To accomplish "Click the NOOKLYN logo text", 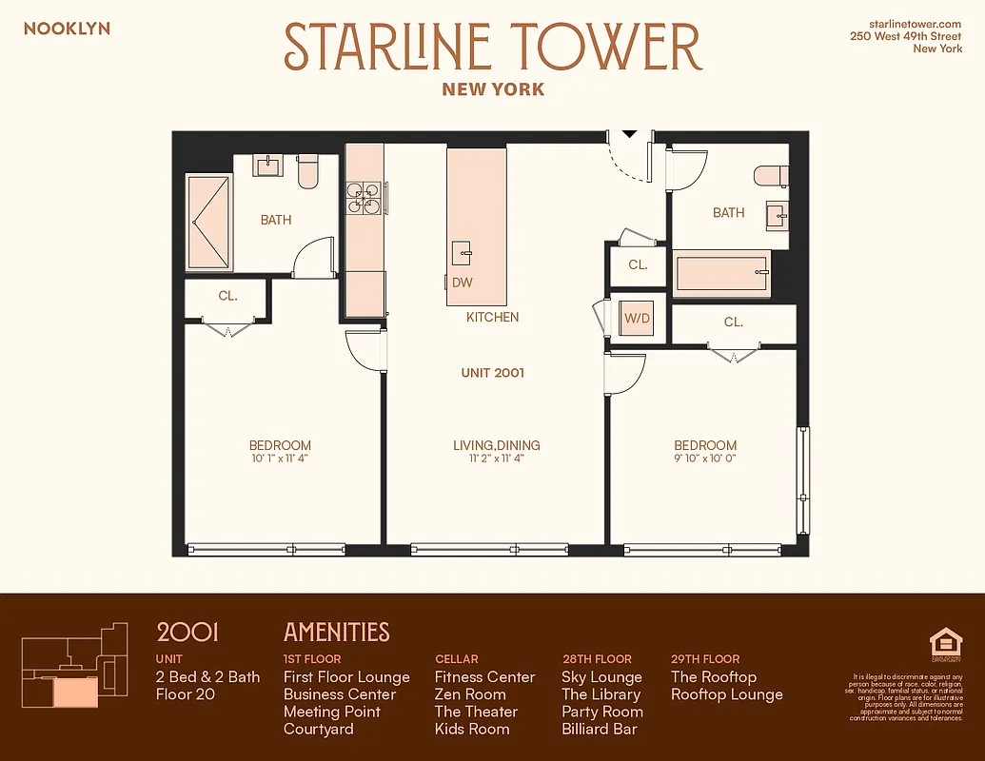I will point(67,29).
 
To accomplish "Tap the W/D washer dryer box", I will point(637,319).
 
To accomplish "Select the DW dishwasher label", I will point(463,283).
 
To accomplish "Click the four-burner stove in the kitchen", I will point(364,196).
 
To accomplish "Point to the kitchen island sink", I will point(462,252).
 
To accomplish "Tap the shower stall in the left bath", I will point(208,222).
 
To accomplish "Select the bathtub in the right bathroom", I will point(720,272).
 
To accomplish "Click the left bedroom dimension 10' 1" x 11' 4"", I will point(280,459).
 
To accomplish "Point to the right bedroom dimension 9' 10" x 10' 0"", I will point(705,459).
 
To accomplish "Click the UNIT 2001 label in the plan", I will point(493,373).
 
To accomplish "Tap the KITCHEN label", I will point(492,317).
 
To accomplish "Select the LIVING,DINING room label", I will point(496,445).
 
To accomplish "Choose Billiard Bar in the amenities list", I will point(600,730).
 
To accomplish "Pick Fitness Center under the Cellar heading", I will point(484,677).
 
